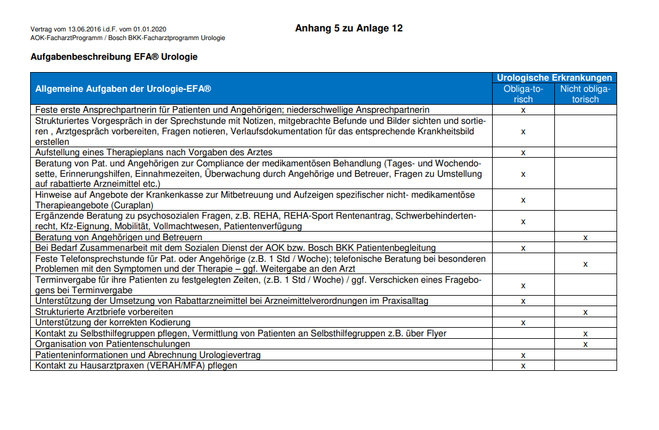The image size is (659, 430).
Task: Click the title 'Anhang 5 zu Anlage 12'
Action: click(349, 28)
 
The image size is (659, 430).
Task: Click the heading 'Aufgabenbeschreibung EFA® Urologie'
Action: click(114, 57)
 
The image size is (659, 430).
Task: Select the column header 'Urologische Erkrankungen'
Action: click(554, 78)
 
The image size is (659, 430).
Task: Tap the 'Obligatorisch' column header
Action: click(523, 94)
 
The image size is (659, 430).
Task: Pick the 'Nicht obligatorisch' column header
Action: click(585, 94)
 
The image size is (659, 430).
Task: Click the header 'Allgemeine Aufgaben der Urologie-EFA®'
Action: click(123, 89)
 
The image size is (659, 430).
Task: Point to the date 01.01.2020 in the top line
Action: click(150, 29)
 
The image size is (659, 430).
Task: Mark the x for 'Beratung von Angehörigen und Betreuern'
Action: click(585, 237)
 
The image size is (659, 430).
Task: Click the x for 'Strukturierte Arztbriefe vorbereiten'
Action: click(585, 312)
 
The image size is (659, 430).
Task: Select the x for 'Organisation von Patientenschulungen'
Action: click(585, 344)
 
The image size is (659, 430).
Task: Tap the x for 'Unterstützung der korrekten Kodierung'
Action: click(523, 322)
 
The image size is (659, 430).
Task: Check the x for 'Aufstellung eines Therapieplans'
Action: click(523, 152)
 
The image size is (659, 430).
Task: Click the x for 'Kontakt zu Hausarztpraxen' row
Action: click(523, 365)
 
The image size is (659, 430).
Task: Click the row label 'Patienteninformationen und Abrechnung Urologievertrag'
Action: click(148, 355)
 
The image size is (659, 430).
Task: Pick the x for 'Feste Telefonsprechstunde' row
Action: click(585, 264)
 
